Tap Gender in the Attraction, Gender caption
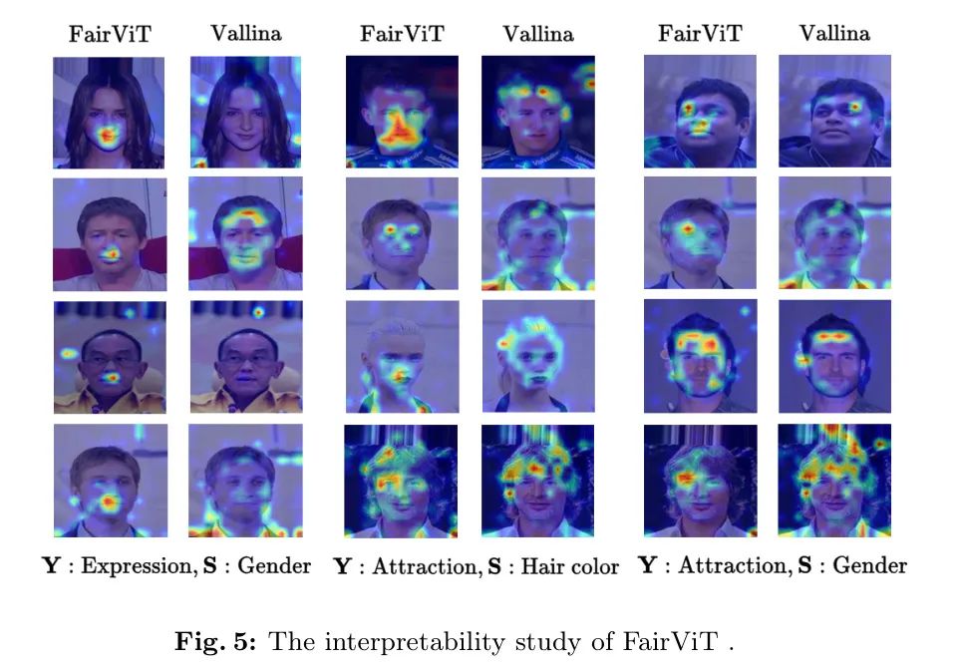tap(869, 566)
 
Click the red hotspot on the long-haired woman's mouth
tap(108, 134)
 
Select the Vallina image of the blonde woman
tap(537, 356)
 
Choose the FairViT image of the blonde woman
tap(402, 356)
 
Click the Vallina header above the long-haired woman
tap(245, 33)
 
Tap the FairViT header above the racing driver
tap(402, 33)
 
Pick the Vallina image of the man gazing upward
tap(833, 111)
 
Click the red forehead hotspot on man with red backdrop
tap(245, 213)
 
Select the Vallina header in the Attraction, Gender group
tap(833, 33)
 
